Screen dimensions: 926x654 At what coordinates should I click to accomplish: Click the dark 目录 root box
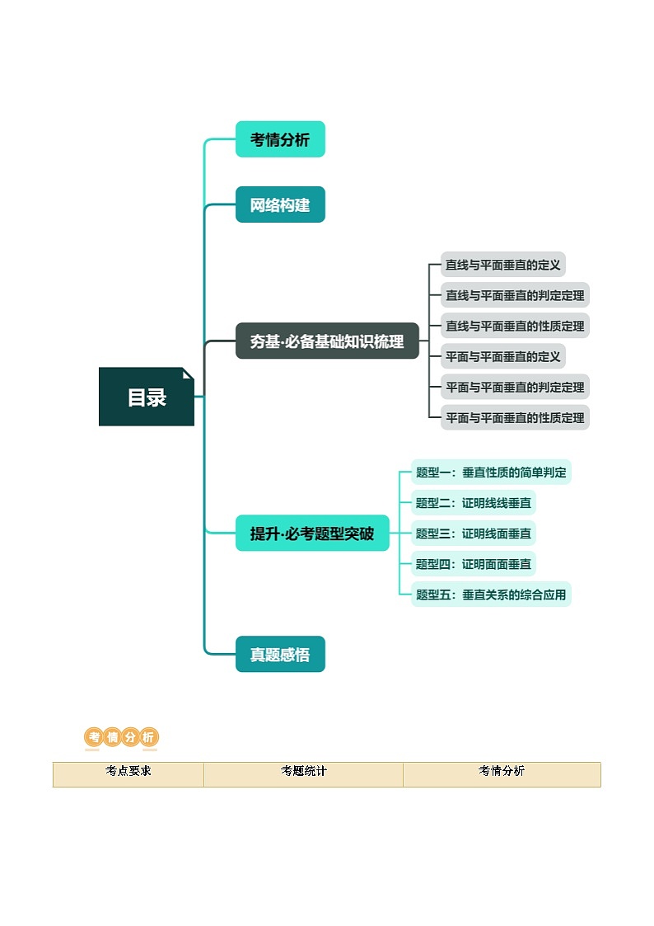tap(147, 397)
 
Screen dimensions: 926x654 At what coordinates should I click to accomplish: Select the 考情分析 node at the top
tap(280, 139)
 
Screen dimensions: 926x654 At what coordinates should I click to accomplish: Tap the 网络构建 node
tap(280, 204)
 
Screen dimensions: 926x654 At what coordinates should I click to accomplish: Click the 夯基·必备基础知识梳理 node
tap(327, 341)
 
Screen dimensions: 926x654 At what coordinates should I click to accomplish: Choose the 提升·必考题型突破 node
tap(312, 534)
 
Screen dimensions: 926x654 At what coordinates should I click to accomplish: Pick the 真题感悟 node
tap(280, 655)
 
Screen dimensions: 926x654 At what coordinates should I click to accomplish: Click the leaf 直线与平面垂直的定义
tap(502, 265)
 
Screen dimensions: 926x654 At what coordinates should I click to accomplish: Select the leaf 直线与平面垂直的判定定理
tap(515, 295)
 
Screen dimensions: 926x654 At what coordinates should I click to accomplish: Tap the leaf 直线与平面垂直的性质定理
tap(515, 326)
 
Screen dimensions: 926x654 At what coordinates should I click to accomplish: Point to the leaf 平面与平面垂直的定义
tap(502, 356)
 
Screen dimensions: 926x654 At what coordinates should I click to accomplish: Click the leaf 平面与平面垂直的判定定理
tap(515, 387)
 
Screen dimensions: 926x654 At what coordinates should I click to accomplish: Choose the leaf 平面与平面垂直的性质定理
tap(515, 417)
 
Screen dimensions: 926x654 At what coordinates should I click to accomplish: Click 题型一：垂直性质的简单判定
tap(491, 472)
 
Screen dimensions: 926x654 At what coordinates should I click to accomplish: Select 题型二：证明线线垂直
tap(474, 503)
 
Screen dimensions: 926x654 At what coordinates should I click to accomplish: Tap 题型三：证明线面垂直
tap(474, 534)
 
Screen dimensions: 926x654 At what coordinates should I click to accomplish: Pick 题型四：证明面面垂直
tap(474, 564)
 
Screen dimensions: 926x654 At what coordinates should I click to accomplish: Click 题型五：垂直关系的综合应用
tap(491, 595)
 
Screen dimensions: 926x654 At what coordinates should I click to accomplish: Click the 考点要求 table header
tap(128, 772)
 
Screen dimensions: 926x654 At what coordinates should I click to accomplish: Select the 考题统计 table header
tap(303, 772)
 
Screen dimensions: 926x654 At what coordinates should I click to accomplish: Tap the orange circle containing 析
tap(148, 737)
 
